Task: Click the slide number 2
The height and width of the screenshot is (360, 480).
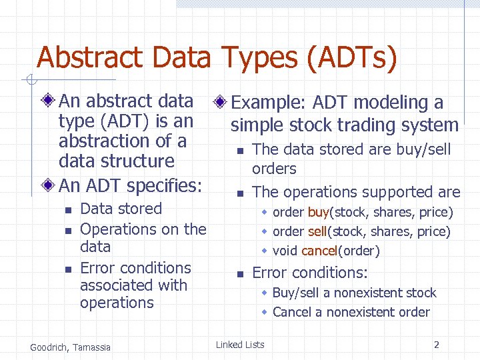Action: (436, 345)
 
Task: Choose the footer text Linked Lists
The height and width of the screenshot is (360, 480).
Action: (240, 345)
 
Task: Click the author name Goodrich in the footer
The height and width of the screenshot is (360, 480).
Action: (50, 347)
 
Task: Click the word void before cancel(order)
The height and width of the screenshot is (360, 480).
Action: (285, 251)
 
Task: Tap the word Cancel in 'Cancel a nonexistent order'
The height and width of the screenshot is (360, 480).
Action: (292, 312)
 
